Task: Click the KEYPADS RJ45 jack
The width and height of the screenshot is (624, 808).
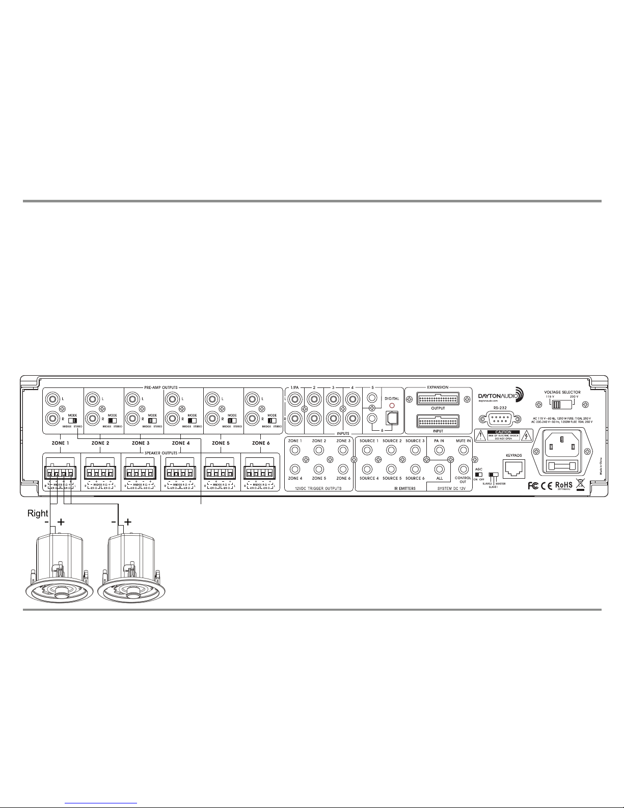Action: click(513, 467)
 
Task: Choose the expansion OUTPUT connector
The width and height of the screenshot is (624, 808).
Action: click(438, 399)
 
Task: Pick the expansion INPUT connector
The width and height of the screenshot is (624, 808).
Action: click(438, 422)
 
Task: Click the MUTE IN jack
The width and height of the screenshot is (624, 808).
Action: click(463, 450)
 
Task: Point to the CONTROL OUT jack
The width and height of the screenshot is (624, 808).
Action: click(463, 470)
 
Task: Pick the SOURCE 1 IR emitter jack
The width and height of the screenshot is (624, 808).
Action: click(367, 450)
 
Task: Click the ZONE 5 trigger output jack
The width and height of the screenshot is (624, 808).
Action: click(318, 470)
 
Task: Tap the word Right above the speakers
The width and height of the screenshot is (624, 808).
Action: click(38, 514)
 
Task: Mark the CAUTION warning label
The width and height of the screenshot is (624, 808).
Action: click(504, 435)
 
